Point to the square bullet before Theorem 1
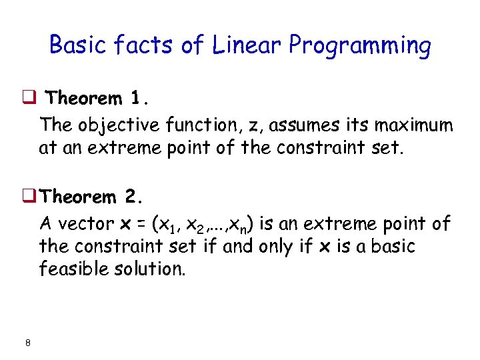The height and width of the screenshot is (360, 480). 30,99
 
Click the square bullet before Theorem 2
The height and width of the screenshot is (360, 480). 30,198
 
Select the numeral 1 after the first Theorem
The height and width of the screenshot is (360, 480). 136,99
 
